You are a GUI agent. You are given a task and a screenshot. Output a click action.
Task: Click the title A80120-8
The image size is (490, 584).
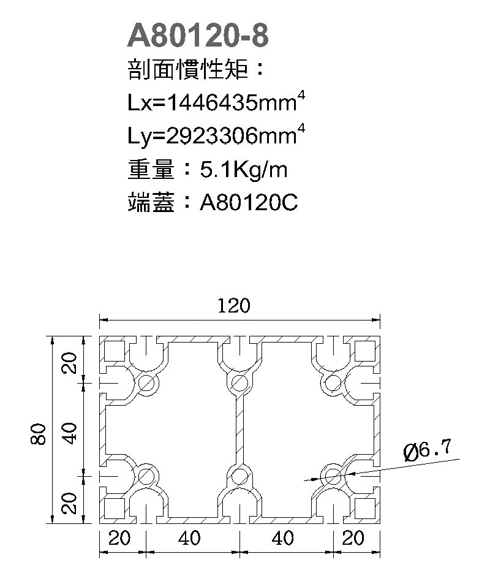197,37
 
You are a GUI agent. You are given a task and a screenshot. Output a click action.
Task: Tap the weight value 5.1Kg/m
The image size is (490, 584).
244,170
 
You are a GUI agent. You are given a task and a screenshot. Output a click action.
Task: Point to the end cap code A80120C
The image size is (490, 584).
249,203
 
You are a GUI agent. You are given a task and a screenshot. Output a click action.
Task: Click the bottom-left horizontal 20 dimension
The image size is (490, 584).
120,539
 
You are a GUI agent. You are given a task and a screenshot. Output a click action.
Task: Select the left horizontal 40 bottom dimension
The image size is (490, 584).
190,539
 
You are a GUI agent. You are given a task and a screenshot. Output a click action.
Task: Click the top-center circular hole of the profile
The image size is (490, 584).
238,384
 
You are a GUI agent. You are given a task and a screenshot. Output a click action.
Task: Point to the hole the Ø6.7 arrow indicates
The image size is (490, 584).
333,475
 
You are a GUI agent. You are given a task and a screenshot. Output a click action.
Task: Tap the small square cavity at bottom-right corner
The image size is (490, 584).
364,508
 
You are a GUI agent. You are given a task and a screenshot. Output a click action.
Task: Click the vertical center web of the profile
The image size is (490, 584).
239,429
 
